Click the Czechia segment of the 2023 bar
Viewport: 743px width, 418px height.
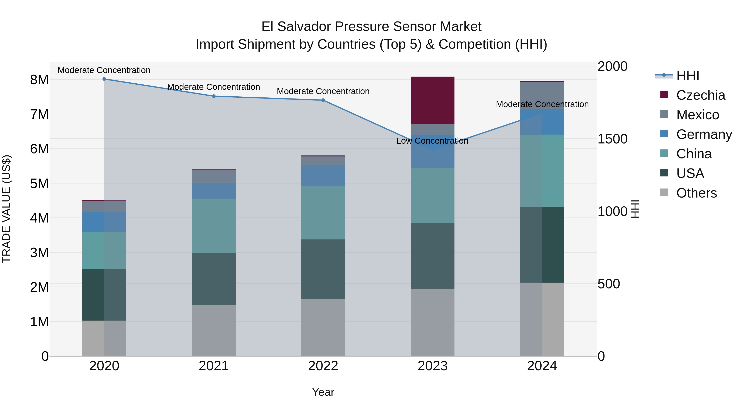coord(432,100)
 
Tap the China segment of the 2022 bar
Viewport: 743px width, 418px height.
coord(323,213)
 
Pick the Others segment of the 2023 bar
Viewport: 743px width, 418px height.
coord(432,322)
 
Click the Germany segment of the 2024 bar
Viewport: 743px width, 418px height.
coord(542,122)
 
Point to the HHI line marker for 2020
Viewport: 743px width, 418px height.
coord(104,79)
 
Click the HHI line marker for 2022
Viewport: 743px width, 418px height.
coord(323,100)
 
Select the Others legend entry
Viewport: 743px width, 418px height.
coord(696,193)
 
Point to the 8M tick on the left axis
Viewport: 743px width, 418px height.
coord(39,80)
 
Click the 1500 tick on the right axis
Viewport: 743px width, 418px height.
coord(612,139)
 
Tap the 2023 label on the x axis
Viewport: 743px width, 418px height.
coord(432,366)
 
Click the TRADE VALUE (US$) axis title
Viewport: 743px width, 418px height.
coord(7,209)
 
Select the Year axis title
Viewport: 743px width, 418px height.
coord(323,392)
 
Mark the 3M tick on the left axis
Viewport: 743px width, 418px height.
coord(39,253)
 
